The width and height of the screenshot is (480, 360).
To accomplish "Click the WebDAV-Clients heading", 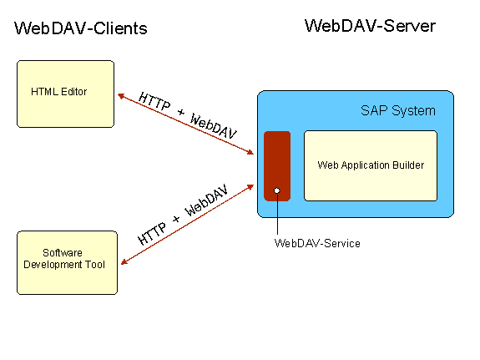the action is tap(81, 28).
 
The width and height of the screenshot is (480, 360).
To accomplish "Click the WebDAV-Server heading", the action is tap(370, 26).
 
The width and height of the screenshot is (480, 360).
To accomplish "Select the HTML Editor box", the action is tap(65, 94).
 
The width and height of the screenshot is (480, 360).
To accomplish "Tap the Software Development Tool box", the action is tap(67, 262).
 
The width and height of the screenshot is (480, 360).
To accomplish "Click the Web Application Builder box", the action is tap(371, 165).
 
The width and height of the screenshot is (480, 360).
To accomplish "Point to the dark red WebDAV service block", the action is tap(277, 166).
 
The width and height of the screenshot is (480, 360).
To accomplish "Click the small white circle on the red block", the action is tap(277, 190).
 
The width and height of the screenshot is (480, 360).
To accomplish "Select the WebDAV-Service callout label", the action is tap(317, 243).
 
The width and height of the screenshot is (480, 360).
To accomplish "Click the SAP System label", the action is tap(398, 110).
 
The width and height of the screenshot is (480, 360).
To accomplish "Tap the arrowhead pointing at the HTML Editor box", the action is tap(120, 96).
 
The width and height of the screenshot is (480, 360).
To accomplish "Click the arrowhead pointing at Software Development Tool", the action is tap(124, 261).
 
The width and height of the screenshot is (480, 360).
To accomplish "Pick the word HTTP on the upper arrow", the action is tap(154, 101).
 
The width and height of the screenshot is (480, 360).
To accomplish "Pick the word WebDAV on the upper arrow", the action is tap(213, 126).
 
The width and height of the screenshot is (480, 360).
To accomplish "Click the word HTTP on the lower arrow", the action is tap(152, 234).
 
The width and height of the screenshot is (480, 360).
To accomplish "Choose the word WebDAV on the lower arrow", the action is tap(206, 200).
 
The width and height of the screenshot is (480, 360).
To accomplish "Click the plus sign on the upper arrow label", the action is tap(181, 113).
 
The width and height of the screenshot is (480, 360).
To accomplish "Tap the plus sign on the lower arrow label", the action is tap(176, 219).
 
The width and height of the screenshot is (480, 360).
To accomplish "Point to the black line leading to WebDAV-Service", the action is tap(277, 214).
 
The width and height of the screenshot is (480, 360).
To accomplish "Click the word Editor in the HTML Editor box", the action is tap(73, 92).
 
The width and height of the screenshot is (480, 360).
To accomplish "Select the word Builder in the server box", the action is tap(408, 165).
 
